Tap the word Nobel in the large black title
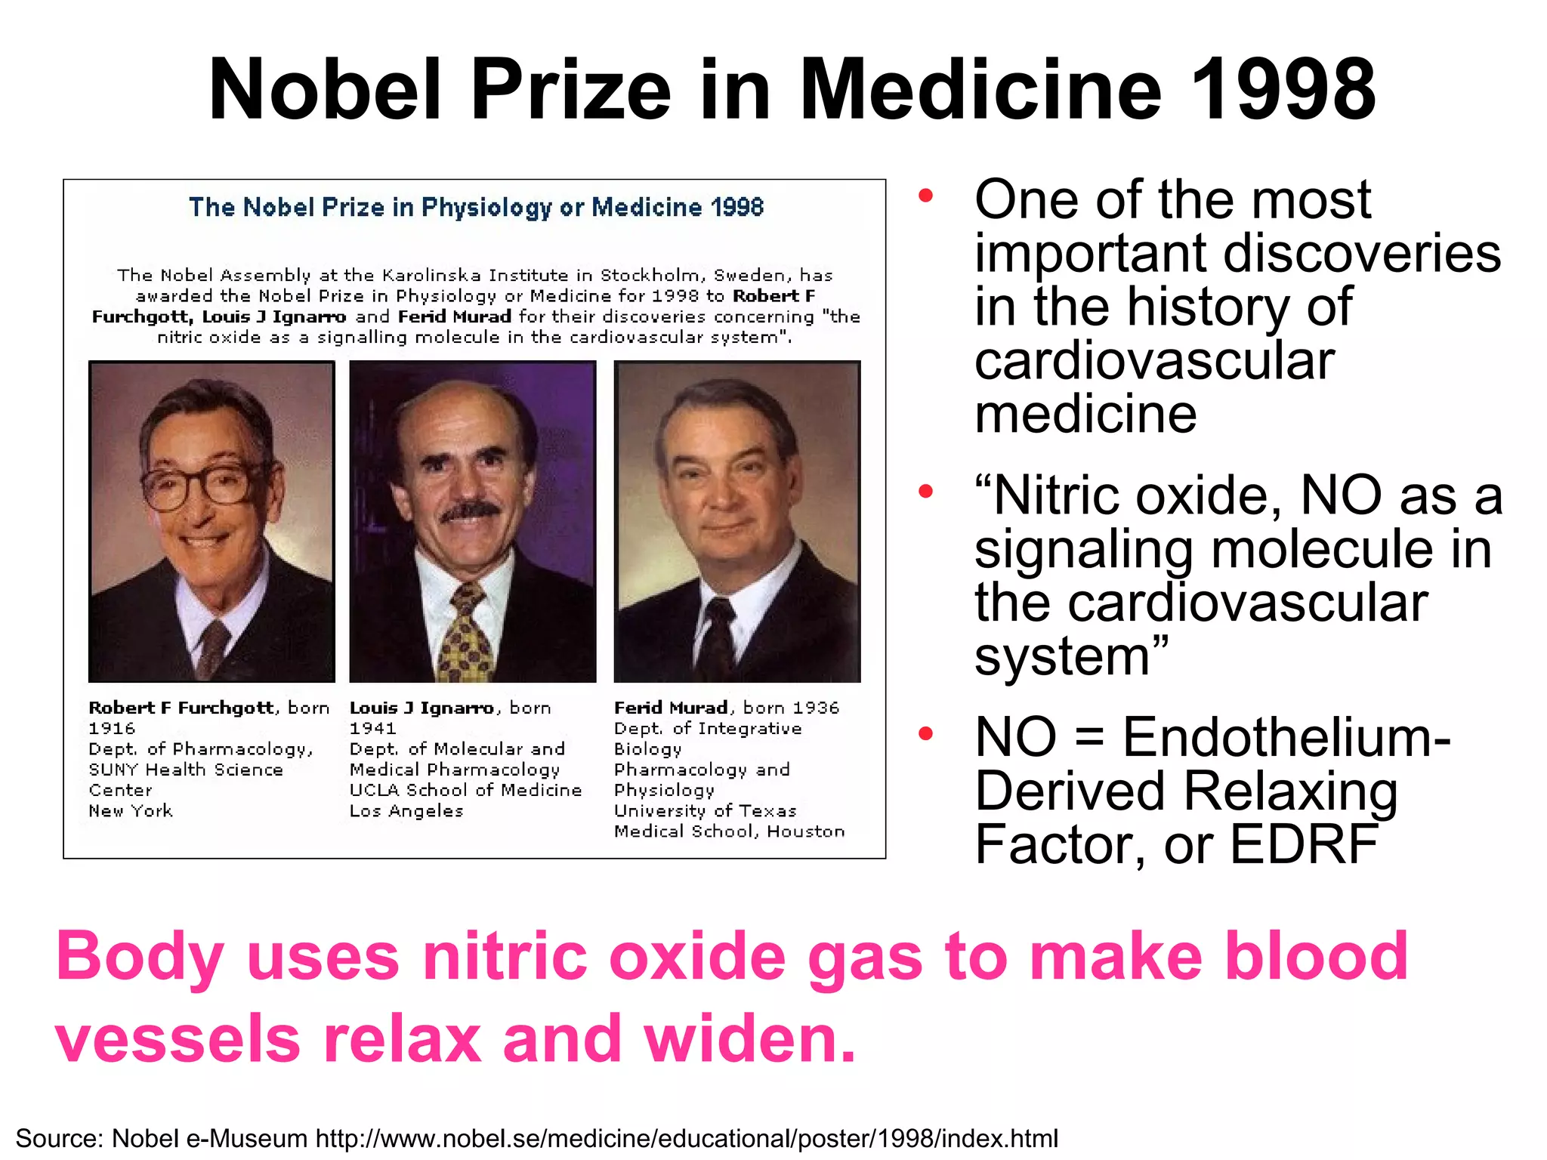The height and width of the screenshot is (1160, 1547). click(x=324, y=91)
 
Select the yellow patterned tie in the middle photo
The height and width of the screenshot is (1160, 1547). click(x=467, y=634)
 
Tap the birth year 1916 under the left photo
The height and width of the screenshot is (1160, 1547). click(x=112, y=729)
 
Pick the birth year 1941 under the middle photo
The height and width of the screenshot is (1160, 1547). click(x=372, y=729)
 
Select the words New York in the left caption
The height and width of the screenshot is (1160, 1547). click(x=131, y=811)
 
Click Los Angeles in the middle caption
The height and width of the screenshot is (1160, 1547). click(x=406, y=811)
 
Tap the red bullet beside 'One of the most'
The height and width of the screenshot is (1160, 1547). click(x=925, y=196)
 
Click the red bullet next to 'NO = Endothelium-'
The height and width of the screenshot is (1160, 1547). click(x=925, y=733)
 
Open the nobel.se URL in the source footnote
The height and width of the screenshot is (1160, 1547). click(x=687, y=1138)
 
